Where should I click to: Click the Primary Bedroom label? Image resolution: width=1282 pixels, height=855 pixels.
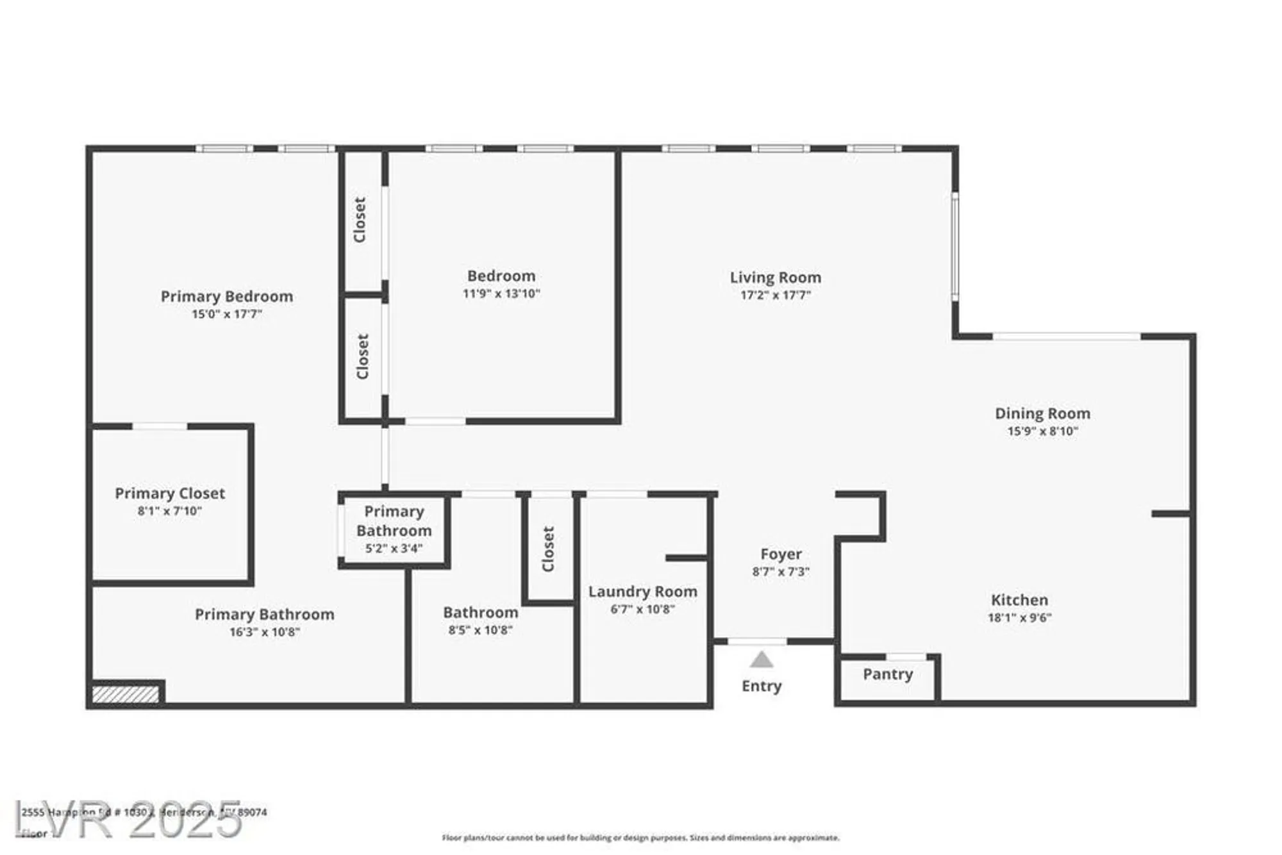226,296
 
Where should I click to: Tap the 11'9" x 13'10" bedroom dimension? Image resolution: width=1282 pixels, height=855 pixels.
501,294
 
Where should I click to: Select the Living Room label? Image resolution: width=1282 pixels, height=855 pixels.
775,278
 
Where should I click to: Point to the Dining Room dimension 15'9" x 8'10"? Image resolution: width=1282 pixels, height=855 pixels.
1042,431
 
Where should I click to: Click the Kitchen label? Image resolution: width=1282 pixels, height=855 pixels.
1019,600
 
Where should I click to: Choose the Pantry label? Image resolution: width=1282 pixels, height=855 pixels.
887,674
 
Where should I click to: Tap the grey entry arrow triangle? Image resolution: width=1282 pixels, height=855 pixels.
761,660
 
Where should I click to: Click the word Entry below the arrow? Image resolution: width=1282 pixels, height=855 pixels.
761,686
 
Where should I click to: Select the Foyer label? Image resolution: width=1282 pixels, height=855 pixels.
781,554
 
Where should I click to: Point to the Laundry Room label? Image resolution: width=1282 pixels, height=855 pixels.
642,592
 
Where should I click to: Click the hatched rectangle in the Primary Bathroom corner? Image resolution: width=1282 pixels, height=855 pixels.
125,694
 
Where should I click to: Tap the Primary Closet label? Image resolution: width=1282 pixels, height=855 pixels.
170,494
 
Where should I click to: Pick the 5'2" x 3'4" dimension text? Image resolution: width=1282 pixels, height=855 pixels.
394,549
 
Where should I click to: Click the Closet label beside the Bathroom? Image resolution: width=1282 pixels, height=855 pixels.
548,549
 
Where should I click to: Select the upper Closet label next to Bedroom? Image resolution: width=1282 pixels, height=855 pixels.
360,220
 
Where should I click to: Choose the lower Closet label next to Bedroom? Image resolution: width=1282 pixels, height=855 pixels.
362,356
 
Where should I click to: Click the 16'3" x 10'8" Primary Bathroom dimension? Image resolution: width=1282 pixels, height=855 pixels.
265,632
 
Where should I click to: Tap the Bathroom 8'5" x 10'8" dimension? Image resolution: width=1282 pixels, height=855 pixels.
480,630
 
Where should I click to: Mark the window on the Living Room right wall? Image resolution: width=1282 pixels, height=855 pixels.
954,247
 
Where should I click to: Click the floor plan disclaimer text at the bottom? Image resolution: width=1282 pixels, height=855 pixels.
640,838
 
